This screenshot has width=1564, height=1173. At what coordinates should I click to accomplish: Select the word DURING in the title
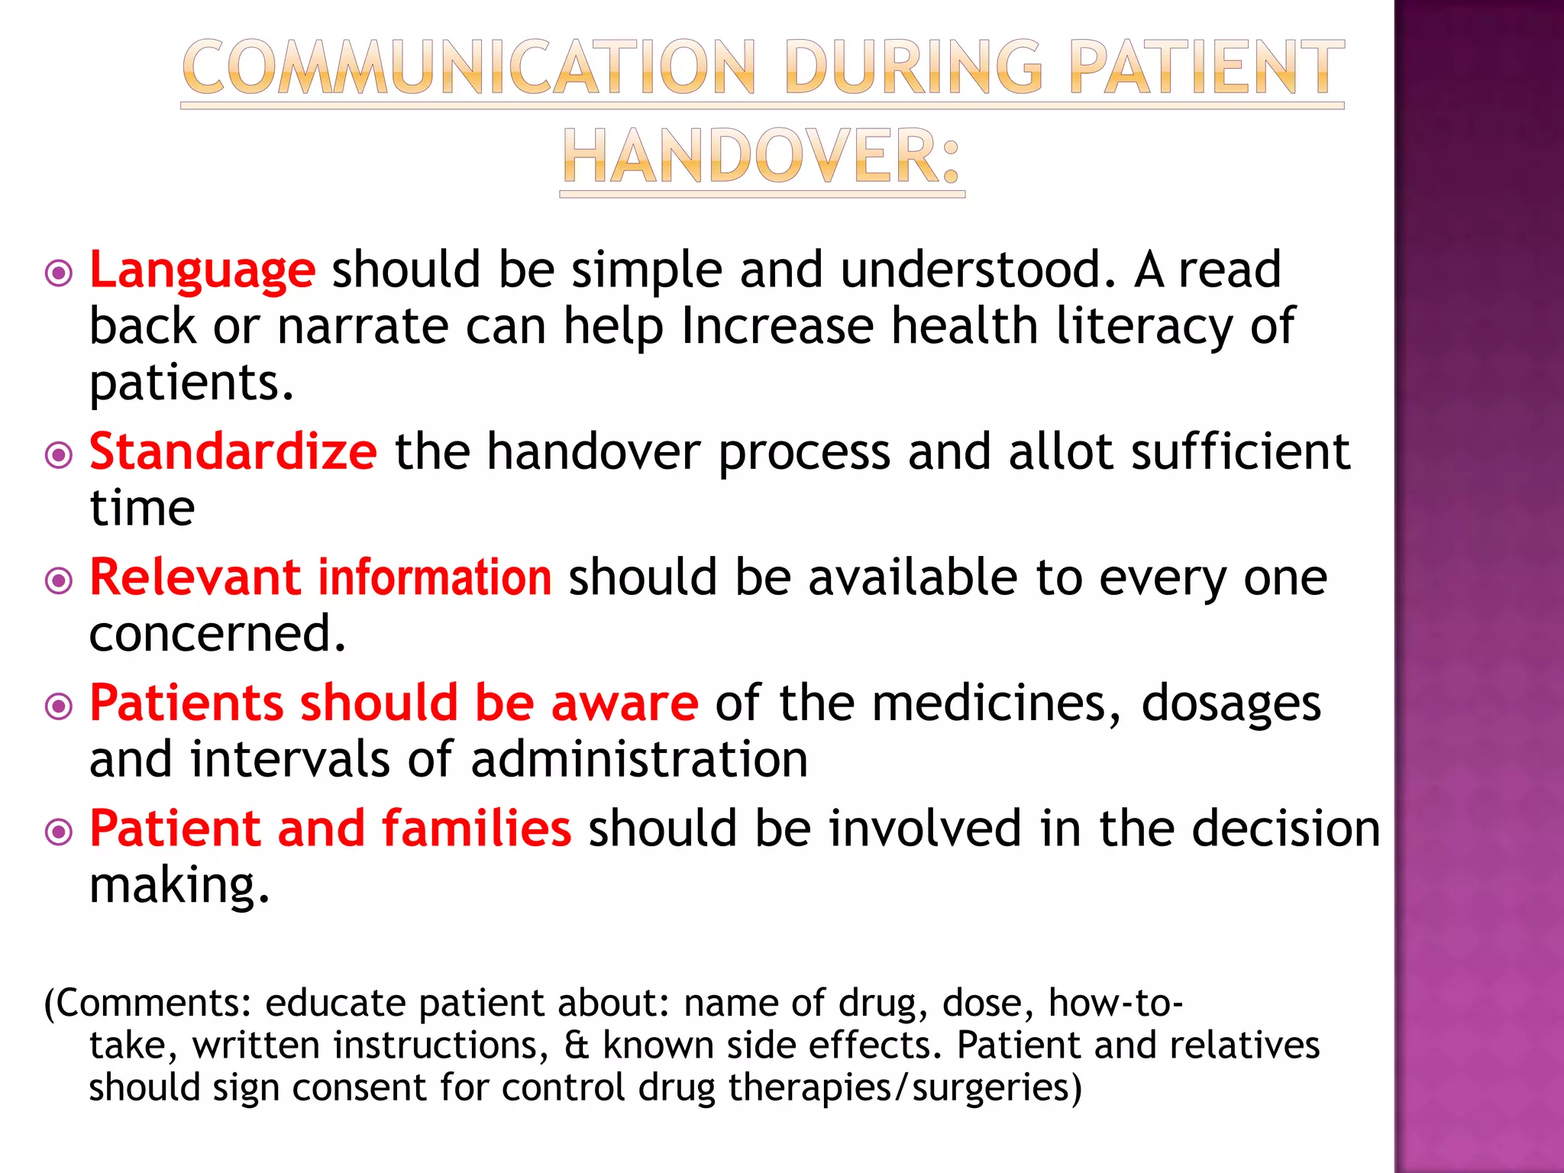click(x=913, y=69)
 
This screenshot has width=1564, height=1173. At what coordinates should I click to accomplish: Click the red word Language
click(x=202, y=270)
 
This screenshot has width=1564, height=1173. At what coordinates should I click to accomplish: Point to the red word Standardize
click(x=233, y=451)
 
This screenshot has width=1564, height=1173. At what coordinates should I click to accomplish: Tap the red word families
click(x=477, y=829)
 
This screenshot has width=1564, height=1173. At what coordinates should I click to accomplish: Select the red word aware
click(x=624, y=703)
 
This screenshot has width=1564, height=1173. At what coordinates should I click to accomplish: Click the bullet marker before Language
click(x=59, y=273)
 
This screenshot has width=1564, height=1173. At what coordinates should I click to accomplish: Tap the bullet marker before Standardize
click(x=59, y=455)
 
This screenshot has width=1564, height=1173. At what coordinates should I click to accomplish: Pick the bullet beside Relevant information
click(x=59, y=581)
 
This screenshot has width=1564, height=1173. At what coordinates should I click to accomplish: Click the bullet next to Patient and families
click(x=59, y=832)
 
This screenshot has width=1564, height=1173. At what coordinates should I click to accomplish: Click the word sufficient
click(x=1240, y=451)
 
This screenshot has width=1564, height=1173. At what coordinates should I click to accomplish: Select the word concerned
click(x=218, y=634)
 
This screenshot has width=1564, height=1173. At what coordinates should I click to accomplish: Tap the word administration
click(x=639, y=760)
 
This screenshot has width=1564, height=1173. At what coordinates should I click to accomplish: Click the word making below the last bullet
click(x=179, y=886)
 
